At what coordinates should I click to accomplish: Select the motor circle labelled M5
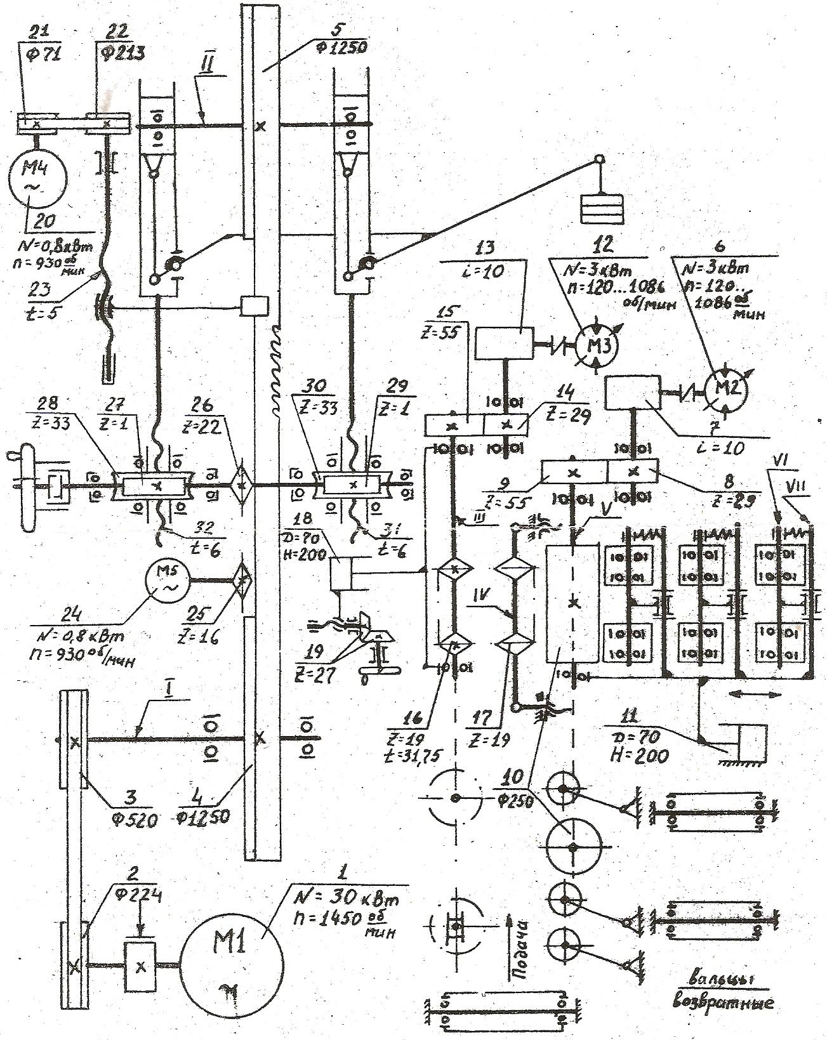click(x=168, y=581)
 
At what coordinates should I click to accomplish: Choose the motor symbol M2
click(x=727, y=388)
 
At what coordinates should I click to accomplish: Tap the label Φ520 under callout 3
click(x=122, y=820)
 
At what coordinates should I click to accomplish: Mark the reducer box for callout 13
click(x=505, y=343)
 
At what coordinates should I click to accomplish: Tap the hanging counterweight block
click(x=601, y=208)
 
